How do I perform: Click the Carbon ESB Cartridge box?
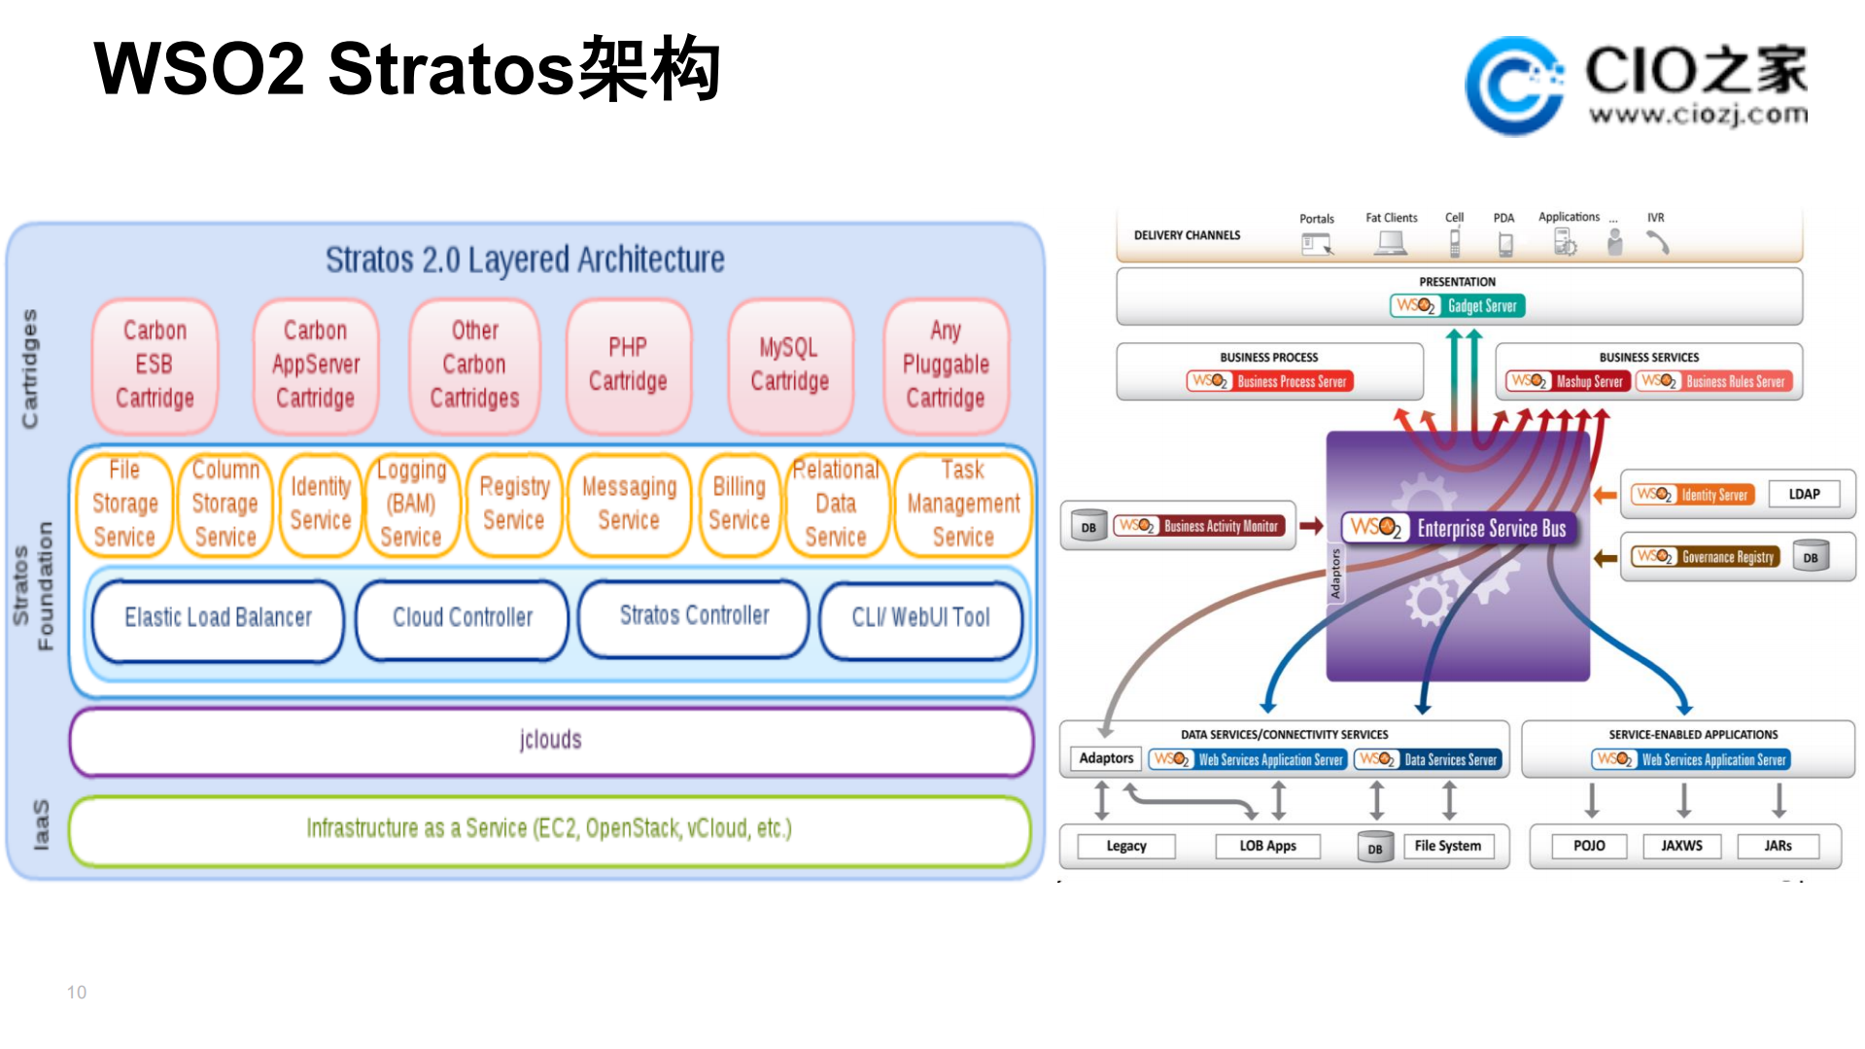click(155, 366)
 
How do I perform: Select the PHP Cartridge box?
click(628, 366)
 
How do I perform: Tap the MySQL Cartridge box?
click(789, 366)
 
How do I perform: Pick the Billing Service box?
click(739, 504)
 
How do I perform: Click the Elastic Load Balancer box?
click(218, 618)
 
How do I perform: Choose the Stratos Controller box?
click(694, 616)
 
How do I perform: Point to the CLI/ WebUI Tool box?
click(920, 618)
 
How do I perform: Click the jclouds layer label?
click(550, 741)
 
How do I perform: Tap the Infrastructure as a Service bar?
click(549, 829)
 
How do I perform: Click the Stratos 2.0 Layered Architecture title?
click(525, 261)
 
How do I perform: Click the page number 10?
click(77, 993)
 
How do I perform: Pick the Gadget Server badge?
click(1457, 306)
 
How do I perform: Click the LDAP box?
click(1804, 494)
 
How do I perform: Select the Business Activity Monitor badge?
click(1200, 526)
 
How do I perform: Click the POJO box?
click(1589, 846)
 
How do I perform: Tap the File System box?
click(1447, 846)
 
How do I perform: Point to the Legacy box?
click(1126, 846)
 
